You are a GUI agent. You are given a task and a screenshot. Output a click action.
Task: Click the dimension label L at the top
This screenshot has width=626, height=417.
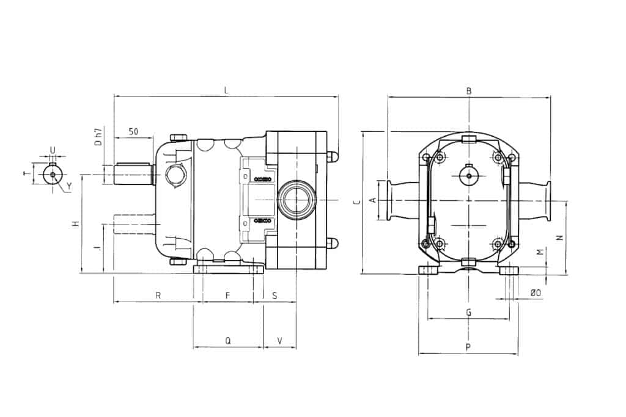point(226,90)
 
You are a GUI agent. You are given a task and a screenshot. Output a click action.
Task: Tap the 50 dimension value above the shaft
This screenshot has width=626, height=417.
point(134,131)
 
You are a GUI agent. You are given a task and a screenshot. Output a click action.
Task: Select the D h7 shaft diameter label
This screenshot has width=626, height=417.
point(98,137)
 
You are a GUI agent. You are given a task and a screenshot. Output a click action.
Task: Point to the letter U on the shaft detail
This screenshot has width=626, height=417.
point(53,150)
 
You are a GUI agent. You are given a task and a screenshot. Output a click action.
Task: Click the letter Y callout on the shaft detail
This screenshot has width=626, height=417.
point(68,186)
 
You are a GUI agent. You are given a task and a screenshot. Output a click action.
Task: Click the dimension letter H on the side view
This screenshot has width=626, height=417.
point(76,224)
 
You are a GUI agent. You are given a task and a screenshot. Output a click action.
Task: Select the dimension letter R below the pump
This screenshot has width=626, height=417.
point(158,296)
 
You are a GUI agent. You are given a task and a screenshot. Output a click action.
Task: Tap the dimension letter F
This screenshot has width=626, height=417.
point(227,296)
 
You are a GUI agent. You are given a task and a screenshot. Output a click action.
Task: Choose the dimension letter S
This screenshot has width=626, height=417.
point(274,296)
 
